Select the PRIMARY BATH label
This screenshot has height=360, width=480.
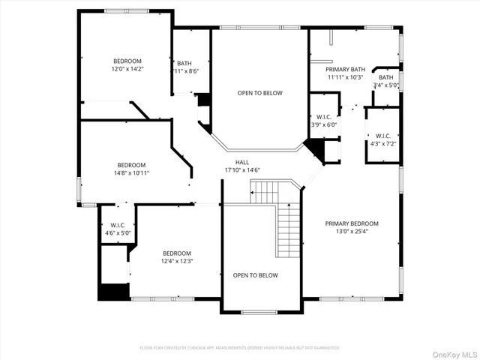(345, 69)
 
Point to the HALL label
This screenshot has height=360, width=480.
(241, 162)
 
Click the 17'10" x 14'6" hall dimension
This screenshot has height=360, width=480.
(241, 170)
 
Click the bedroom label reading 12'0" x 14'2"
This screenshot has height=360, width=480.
(127, 69)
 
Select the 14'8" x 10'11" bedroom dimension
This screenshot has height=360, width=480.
(131, 173)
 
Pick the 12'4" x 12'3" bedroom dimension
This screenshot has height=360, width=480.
(178, 261)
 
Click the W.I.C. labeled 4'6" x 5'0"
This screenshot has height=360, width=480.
(117, 229)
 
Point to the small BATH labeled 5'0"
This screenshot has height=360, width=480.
(385, 81)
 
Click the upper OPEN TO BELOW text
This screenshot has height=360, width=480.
(259, 93)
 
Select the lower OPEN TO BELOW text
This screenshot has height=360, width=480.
(255, 275)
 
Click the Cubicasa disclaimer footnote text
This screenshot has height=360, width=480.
(240, 347)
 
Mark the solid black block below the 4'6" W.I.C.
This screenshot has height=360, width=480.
(113, 291)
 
